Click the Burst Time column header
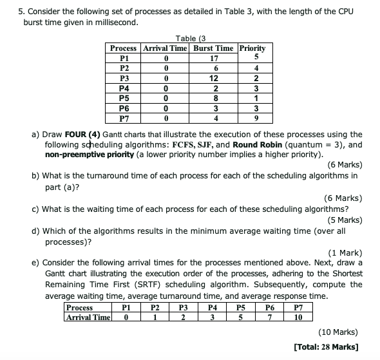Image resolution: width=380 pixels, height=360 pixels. tap(213, 48)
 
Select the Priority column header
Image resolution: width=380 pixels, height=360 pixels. tap(252, 48)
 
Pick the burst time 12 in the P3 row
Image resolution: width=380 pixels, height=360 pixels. tap(214, 79)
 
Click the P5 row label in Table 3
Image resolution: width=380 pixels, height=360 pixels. tap(125, 99)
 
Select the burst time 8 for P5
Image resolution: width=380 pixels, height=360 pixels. tap(214, 99)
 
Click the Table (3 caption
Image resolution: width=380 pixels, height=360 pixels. tap(190, 39)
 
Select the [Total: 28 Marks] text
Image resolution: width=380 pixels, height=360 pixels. tap(327, 347)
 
